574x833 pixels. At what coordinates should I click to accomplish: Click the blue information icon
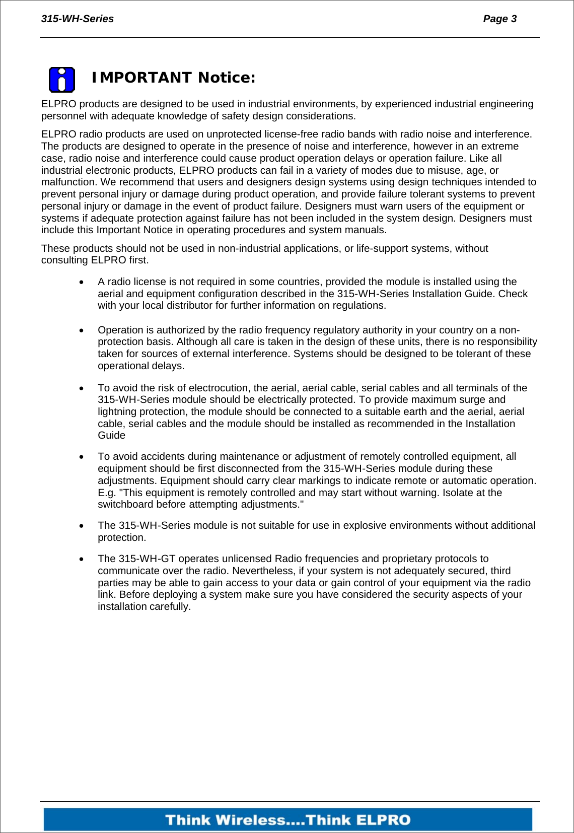[62, 80]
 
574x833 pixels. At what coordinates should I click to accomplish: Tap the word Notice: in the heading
[227, 78]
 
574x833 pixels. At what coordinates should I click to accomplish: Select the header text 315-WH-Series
[78, 19]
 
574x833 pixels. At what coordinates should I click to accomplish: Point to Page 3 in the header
[499, 19]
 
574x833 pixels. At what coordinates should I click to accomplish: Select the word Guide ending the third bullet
[111, 435]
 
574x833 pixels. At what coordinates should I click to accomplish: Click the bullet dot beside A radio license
[82, 283]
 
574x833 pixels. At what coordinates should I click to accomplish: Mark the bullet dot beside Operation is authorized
[82, 331]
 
